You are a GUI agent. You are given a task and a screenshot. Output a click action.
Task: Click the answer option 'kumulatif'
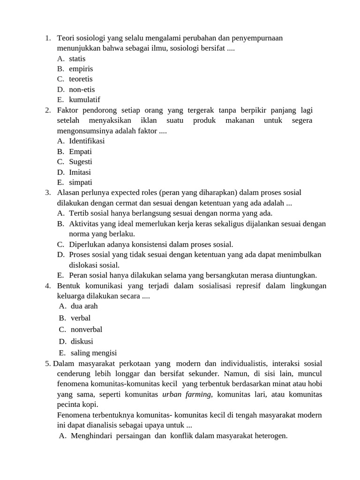84,100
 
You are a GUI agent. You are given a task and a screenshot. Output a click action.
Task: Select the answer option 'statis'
77,59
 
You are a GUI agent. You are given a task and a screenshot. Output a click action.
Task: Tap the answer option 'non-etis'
82,90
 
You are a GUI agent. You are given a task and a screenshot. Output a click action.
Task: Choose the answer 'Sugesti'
81,162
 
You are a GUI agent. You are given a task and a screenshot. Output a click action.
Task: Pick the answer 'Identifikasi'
87,141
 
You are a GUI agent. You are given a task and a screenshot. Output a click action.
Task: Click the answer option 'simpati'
81,182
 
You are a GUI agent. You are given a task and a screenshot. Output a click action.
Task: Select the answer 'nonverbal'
86,330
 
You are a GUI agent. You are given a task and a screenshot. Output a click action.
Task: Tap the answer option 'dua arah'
84,306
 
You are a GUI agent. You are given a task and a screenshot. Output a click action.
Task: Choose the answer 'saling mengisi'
94,353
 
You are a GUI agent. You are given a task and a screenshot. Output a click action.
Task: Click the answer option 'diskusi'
82,341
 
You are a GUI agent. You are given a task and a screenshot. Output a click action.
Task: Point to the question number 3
48,193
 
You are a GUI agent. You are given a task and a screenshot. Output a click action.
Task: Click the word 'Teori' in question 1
66,38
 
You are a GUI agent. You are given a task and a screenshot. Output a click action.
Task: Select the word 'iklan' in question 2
149,120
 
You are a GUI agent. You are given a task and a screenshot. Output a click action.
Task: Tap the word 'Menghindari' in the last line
91,435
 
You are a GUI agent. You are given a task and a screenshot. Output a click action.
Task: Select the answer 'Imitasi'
80,172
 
